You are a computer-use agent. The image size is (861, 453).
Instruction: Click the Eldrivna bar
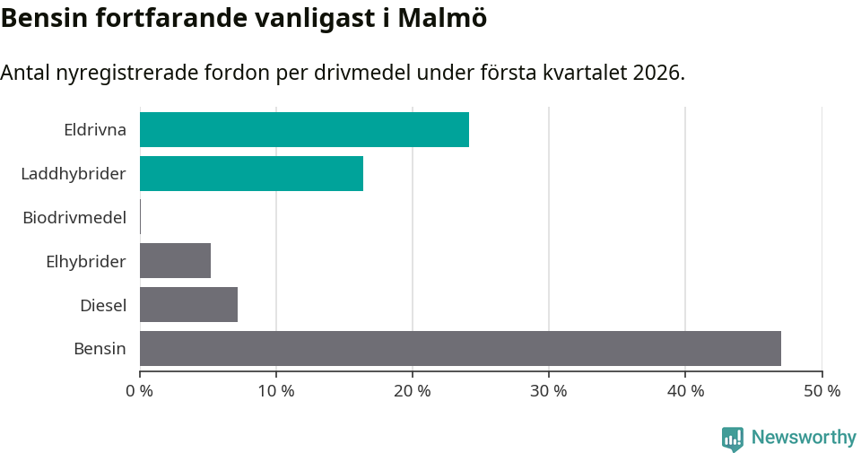304,129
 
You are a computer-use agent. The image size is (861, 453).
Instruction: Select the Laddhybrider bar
251,173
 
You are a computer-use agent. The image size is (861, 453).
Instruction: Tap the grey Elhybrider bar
175,260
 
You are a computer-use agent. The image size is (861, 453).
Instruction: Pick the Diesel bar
188,304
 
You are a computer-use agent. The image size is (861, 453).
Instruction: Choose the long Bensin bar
460,348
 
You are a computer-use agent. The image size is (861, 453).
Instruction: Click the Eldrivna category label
95,129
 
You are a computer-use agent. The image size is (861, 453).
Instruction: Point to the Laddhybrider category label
74,173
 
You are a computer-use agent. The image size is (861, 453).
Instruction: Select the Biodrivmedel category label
74,217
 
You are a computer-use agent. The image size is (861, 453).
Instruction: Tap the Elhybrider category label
86,261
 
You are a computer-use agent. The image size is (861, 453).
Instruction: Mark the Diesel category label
103,305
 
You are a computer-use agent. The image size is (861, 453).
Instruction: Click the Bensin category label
100,349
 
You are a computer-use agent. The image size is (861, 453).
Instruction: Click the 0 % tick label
140,391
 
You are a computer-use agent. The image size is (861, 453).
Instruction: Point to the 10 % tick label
276,391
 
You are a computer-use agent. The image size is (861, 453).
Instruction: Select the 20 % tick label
413,391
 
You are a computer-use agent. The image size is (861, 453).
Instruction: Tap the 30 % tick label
549,391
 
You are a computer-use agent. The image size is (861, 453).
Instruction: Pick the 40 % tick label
685,391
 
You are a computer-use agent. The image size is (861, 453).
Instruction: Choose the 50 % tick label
822,391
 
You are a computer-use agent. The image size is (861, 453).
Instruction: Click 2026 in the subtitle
656,73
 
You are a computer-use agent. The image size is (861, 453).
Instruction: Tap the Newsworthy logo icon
733,438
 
